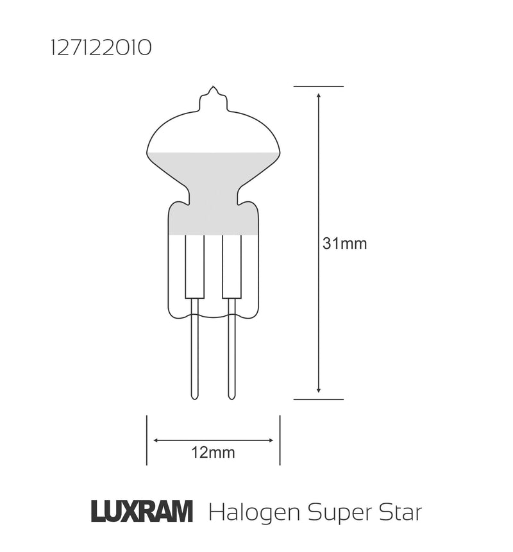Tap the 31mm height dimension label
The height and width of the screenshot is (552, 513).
tap(344, 244)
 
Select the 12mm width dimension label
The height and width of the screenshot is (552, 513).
tap(213, 453)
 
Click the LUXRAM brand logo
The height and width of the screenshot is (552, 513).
tap(141, 513)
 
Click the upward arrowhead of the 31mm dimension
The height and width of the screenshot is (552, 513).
tap(319, 95)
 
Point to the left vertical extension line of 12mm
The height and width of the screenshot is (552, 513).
tap(147, 440)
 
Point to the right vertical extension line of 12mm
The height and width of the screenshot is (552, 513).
tap(280, 440)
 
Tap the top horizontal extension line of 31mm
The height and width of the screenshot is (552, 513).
tap(319, 86)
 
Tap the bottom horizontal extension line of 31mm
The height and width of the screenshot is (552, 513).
tap(319, 399)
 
